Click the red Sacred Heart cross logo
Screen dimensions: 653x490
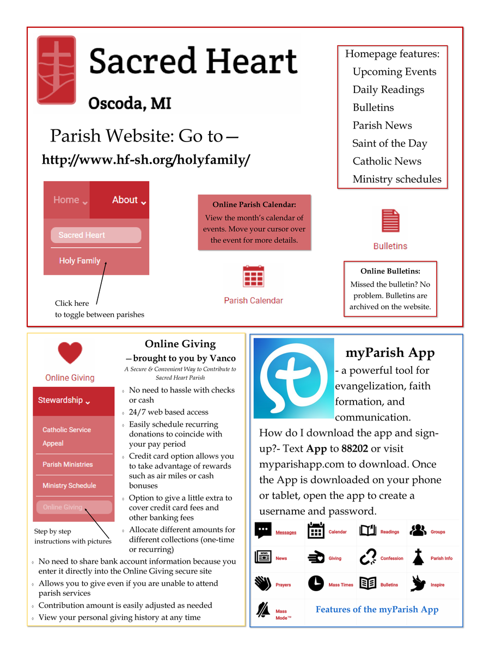coord(57,70)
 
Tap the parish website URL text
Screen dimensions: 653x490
coord(146,160)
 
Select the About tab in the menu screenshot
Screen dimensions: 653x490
coord(128,200)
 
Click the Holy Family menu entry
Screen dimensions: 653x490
coord(79,261)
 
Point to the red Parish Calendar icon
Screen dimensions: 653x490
coord(253,276)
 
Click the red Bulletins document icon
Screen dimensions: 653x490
coord(390,221)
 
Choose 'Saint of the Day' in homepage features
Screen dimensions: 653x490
coord(389,144)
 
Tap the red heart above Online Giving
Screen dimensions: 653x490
coord(70,353)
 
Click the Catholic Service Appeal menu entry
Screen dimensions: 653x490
coord(66,436)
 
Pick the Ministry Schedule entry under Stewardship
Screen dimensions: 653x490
coord(69,485)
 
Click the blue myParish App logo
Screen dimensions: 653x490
coord(293,378)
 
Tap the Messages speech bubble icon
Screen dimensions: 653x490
coord(264,531)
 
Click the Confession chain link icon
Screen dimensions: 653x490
coord(368,557)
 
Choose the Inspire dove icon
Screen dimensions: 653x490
coord(418,583)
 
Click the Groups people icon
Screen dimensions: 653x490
coord(418,531)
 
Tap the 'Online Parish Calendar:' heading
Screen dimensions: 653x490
coord(254,205)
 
